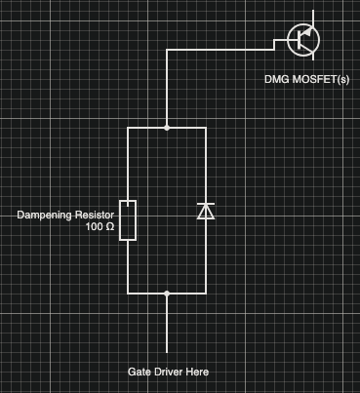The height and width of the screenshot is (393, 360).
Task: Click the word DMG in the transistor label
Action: click(277, 78)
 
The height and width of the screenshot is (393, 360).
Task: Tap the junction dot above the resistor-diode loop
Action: click(167, 127)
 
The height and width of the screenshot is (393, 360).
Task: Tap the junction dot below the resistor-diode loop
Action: click(167, 292)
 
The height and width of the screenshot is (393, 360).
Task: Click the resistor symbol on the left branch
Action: click(128, 219)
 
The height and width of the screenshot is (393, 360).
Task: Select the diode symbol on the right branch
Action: click(206, 211)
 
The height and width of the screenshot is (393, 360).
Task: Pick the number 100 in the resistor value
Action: click(94, 227)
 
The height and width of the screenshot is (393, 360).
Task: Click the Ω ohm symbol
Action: click(110, 227)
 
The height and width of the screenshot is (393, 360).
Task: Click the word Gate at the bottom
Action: click(140, 373)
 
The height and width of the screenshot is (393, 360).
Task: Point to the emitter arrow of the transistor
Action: click(311, 52)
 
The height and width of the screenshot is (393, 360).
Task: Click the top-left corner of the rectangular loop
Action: click(128, 127)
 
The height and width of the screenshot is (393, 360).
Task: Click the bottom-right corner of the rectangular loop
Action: click(206, 292)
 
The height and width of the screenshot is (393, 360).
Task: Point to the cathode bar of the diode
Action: click(206, 204)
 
